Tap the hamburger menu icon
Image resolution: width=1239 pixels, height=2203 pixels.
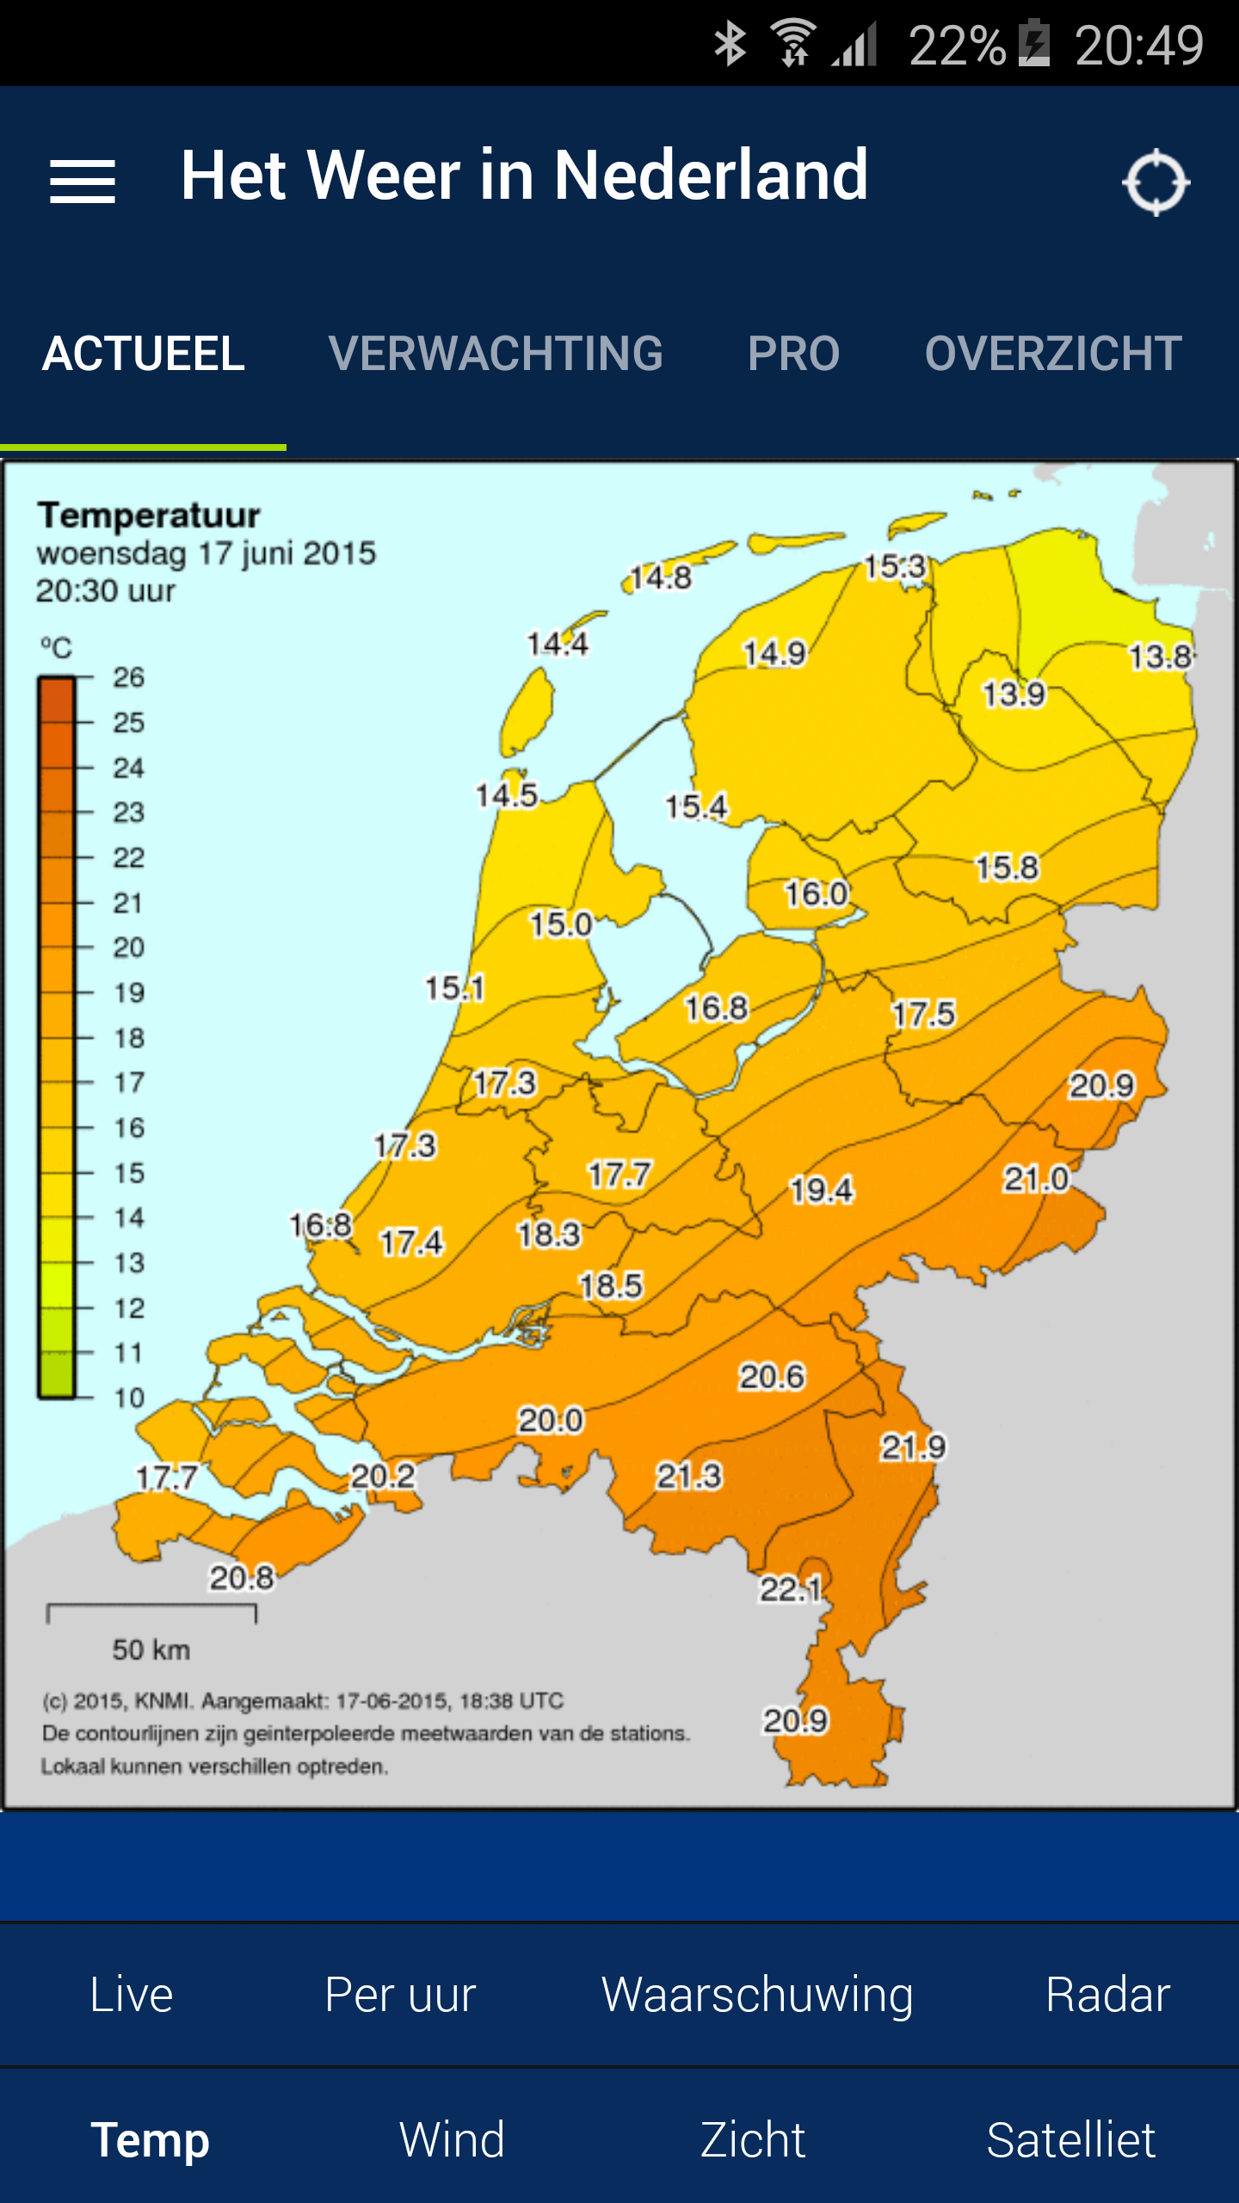[x=83, y=182]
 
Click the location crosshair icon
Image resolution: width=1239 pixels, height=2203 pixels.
[x=1156, y=182]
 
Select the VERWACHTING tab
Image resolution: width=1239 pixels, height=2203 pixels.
[x=496, y=354]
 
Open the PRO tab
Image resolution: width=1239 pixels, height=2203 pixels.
[x=793, y=354]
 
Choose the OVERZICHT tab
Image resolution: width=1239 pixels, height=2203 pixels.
[x=1053, y=354]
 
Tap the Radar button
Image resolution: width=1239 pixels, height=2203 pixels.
[x=1107, y=1995]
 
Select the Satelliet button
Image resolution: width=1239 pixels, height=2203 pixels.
[x=1070, y=2140]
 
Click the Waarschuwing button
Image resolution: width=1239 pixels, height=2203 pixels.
[x=757, y=1995]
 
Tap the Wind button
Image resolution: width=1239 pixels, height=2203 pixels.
[x=452, y=2140]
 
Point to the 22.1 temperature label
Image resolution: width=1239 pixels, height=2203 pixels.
[x=790, y=1589]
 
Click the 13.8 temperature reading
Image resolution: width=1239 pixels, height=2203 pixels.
[x=1161, y=657]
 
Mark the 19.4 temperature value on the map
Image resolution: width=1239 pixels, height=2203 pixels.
[x=822, y=1190]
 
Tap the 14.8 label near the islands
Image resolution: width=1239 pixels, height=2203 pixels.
[x=660, y=577]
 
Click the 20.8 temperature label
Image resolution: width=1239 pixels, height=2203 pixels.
[x=242, y=1577]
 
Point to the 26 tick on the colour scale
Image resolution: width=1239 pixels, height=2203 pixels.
[x=128, y=678]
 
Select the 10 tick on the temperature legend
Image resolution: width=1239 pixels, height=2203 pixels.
[x=129, y=1398]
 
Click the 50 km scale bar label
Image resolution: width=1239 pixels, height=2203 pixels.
[x=151, y=1650]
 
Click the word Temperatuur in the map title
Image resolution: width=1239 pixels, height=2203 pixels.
[x=149, y=515]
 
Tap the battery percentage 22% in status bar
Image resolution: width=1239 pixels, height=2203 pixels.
[x=957, y=45]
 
